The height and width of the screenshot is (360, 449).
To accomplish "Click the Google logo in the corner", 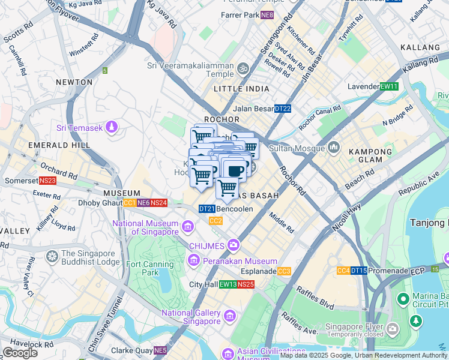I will pos(20,353).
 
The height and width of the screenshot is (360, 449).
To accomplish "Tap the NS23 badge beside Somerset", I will pos(47,181).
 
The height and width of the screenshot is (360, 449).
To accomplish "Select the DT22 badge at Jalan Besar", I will pos(283,109).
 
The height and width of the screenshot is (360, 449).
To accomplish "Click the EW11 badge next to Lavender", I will pos(390,86).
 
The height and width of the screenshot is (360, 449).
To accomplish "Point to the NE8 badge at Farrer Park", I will pos(267,14).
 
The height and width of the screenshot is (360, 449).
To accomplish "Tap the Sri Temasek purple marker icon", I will pos(112,127).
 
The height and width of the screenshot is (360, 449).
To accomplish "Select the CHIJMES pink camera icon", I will pos(233,245).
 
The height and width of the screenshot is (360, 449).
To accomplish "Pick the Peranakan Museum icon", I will pos(194,261).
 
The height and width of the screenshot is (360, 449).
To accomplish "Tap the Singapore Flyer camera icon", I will pos(393,328).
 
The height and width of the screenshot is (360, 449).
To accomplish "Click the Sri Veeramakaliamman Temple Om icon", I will pos(243,68).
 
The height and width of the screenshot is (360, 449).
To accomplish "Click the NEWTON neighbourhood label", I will pos(74,82).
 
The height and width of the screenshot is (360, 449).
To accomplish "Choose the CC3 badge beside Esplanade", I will pos(285,271).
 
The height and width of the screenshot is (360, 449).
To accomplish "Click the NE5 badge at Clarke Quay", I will pos(160,350).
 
